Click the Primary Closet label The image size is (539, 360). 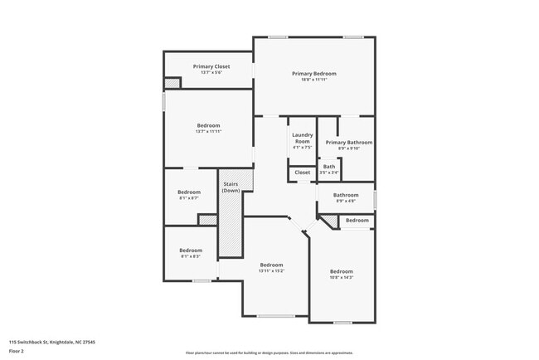[x=211, y=66]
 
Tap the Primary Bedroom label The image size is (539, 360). [x=313, y=74]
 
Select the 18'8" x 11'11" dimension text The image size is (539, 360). [x=313, y=80]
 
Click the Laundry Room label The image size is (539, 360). [x=302, y=138]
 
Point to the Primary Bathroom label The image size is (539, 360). [x=348, y=143]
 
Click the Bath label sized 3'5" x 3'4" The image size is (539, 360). [x=329, y=167]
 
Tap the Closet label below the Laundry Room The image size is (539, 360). [x=302, y=173]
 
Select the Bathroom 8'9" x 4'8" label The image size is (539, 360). [x=346, y=195]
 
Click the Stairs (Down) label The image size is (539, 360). [x=231, y=187]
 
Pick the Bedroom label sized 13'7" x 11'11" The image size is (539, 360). [x=208, y=125]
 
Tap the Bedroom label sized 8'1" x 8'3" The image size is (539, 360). [x=191, y=251]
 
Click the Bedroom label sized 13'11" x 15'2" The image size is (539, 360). [x=271, y=265]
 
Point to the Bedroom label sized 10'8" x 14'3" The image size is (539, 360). [x=342, y=272]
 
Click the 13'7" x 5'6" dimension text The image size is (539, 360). [x=211, y=72]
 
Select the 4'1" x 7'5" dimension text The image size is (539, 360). [x=302, y=148]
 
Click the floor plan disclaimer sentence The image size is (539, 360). [x=269, y=352]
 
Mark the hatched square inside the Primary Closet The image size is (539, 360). [x=172, y=82]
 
